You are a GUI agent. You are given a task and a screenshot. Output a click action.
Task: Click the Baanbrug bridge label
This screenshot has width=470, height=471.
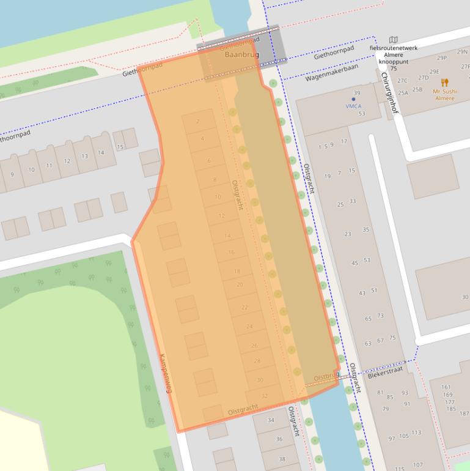point(242,55)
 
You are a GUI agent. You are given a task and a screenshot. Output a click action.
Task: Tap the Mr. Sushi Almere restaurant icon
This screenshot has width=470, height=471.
point(444,83)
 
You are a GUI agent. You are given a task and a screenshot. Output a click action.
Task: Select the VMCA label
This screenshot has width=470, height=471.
point(353,106)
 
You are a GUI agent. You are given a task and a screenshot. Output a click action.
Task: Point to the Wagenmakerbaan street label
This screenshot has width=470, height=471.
point(331,74)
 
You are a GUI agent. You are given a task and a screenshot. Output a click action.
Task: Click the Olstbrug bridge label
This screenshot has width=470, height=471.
point(326,377)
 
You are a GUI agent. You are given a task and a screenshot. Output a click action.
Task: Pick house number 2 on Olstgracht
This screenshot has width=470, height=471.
point(198,122)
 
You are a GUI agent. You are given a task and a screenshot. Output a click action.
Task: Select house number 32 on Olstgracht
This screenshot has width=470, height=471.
point(264,396)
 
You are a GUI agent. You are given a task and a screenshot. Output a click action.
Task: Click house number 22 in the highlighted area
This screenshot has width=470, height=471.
point(244,307)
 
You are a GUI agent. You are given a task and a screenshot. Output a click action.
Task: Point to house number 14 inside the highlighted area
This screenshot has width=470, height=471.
point(227,236)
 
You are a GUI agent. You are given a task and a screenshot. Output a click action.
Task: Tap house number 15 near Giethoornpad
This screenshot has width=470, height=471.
point(120,147)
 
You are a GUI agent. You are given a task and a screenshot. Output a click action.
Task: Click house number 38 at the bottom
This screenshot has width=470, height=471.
point(282,459)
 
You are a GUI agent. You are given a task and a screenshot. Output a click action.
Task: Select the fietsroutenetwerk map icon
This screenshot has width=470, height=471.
point(393,40)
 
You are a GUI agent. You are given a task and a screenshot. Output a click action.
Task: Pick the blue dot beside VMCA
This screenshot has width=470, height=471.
point(353,98)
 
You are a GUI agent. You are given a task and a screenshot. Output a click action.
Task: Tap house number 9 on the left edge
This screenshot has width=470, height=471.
point(12,174)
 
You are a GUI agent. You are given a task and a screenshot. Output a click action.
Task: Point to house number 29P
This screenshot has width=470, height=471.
point(442,58)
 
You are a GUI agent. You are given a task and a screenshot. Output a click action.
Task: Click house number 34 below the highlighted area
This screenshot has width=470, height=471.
point(271,420)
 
